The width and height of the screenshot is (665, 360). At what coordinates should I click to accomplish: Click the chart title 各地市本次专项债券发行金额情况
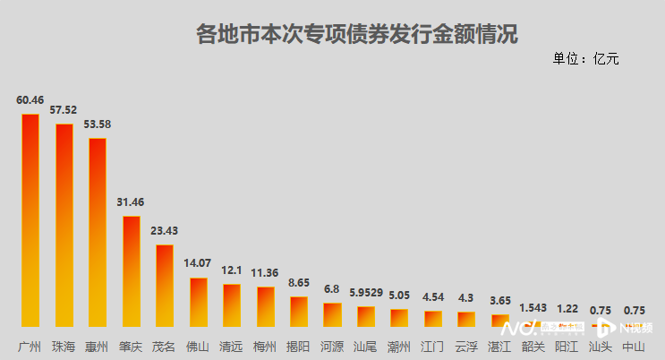pyautogui.click(x=356, y=35)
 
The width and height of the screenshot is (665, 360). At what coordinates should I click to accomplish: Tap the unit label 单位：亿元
pyautogui.click(x=586, y=59)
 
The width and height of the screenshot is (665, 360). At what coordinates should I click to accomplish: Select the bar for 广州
pyautogui.click(x=30, y=220)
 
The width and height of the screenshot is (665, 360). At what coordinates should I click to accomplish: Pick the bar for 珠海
pyautogui.click(x=64, y=225)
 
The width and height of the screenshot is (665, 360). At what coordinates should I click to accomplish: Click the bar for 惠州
pyautogui.click(x=97, y=232)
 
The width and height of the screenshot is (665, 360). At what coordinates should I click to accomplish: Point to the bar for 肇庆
pyautogui.click(x=131, y=271)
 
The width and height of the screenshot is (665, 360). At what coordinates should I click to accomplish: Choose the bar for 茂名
pyautogui.click(x=164, y=286)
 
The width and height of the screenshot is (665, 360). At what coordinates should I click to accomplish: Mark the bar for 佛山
pyautogui.click(x=198, y=303)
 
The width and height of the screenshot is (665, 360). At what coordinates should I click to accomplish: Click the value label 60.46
pyautogui.click(x=30, y=100)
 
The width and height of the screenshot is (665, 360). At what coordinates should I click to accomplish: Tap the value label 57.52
pyautogui.click(x=64, y=109)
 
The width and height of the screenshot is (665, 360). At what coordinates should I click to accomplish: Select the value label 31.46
pyautogui.click(x=131, y=202)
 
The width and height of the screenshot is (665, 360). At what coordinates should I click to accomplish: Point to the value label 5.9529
pyautogui.click(x=366, y=293)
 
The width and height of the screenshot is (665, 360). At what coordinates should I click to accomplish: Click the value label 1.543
pyautogui.click(x=533, y=308)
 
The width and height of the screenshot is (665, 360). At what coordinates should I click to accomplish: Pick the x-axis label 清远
pyautogui.click(x=231, y=346)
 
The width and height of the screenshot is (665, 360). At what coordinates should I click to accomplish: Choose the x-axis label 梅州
pyautogui.click(x=265, y=346)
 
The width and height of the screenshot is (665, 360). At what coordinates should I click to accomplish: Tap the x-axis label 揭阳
pyautogui.click(x=299, y=346)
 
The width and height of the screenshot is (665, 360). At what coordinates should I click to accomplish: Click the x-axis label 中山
pyautogui.click(x=634, y=346)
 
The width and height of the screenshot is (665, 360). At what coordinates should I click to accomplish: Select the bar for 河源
pyautogui.click(x=332, y=314)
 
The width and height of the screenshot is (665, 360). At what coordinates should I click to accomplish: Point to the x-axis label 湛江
pyautogui.click(x=499, y=346)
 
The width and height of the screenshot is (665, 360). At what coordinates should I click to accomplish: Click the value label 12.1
pyautogui.click(x=231, y=270)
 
